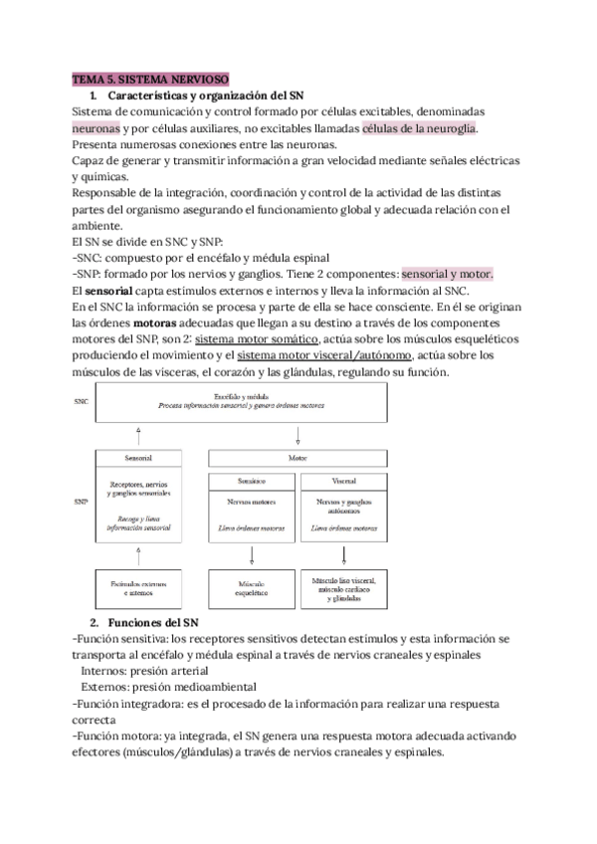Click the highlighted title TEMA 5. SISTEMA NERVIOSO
150,79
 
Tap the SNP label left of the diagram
81,503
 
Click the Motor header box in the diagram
298,459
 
